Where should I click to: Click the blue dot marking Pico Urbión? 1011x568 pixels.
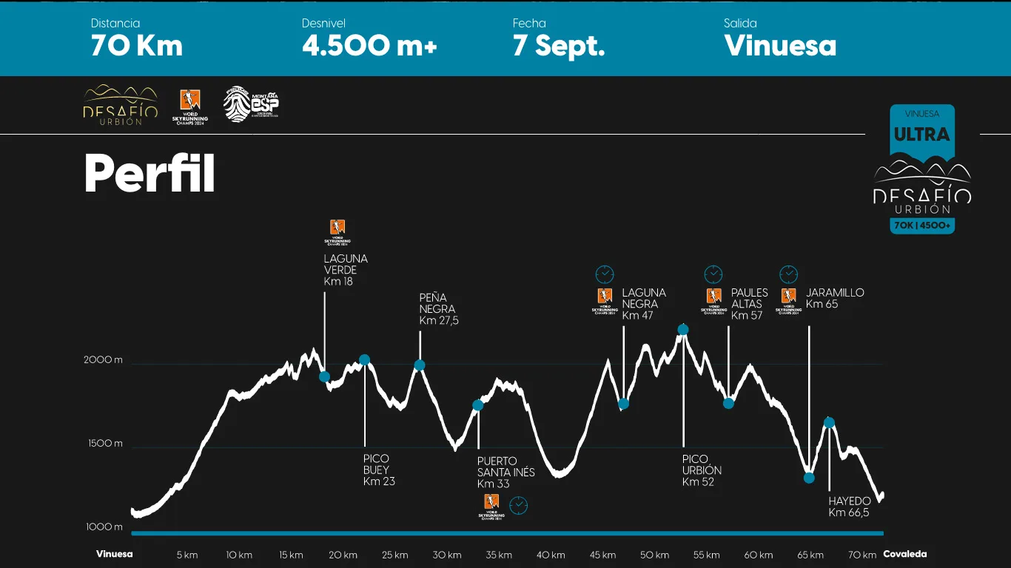683,330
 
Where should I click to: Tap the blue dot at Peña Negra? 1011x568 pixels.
420,365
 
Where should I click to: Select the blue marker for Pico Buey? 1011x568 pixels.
364,360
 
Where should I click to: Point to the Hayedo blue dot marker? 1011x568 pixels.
829,423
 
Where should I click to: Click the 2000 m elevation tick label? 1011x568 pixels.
103,360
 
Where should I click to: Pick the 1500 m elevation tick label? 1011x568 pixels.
103,444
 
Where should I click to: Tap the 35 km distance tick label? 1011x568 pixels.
500,555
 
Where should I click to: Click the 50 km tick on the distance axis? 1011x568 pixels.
655,555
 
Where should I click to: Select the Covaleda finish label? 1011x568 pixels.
904,554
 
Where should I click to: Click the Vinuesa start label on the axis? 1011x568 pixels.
115,554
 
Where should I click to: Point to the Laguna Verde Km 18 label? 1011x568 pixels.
346,270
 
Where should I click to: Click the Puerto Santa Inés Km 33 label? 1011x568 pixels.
505,473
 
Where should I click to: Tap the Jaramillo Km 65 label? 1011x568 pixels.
835,298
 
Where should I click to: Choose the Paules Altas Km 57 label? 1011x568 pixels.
750,304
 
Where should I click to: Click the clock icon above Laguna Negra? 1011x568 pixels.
605,274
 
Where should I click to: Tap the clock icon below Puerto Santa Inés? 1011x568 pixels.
520,506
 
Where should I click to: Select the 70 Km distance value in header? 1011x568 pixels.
137,46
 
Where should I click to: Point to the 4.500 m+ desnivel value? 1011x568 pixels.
369,46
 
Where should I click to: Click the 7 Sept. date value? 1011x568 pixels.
559,46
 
